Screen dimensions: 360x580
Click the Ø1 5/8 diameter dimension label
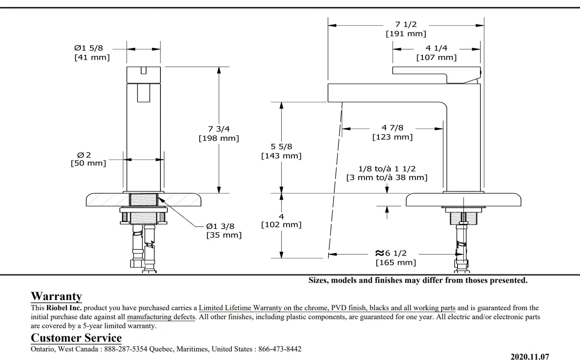tap(89, 48)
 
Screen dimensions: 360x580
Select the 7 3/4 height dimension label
tap(219, 129)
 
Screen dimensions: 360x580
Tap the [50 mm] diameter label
tap(88, 163)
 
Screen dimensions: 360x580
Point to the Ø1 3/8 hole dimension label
tap(220, 226)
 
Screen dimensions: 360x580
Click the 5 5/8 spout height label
tap(281, 147)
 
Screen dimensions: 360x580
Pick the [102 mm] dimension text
tap(281, 224)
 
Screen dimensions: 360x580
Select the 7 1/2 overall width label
tap(406, 24)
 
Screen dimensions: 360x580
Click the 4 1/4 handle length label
tap(436, 48)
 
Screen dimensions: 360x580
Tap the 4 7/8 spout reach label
tap(392, 128)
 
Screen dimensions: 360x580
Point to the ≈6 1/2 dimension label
tap(391, 253)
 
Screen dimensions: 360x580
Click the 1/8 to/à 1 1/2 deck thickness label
tap(387, 169)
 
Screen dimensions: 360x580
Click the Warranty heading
tap(56, 296)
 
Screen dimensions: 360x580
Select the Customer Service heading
tap(76, 338)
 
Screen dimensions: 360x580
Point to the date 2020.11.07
tap(529, 356)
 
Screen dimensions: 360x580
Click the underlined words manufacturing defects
tap(161, 317)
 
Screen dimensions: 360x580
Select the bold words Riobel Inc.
tap(64, 308)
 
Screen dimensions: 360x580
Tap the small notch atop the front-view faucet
tap(144, 70)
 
